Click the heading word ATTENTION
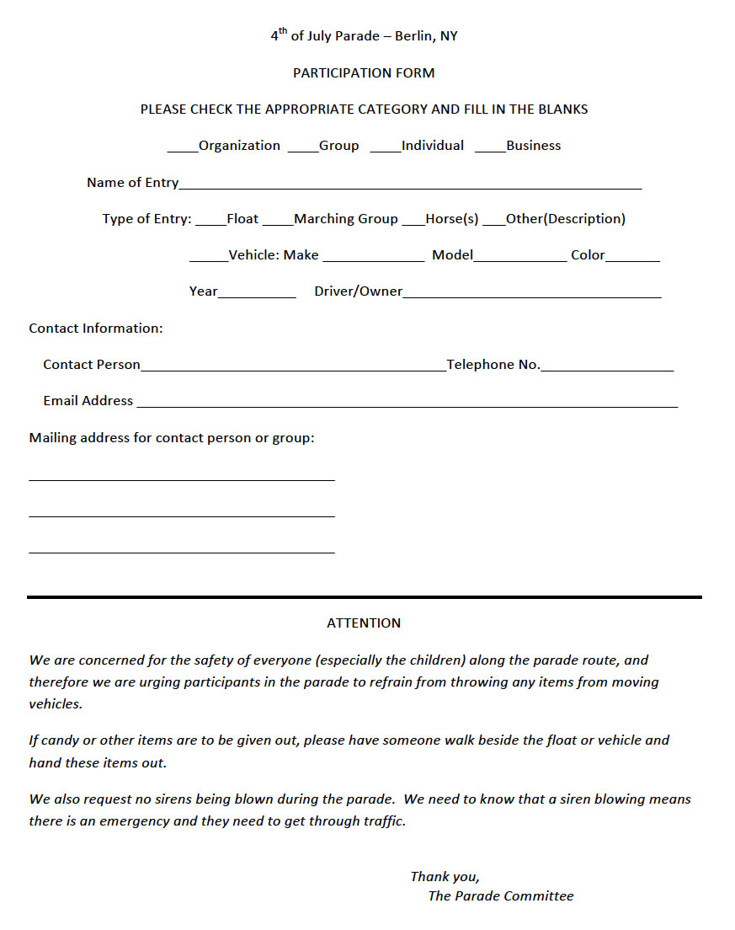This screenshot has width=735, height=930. coord(364,623)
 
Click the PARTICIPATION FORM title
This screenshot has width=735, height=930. coord(364,73)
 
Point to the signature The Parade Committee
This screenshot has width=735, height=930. coord(501,896)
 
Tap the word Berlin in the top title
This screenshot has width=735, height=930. coord(413,36)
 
